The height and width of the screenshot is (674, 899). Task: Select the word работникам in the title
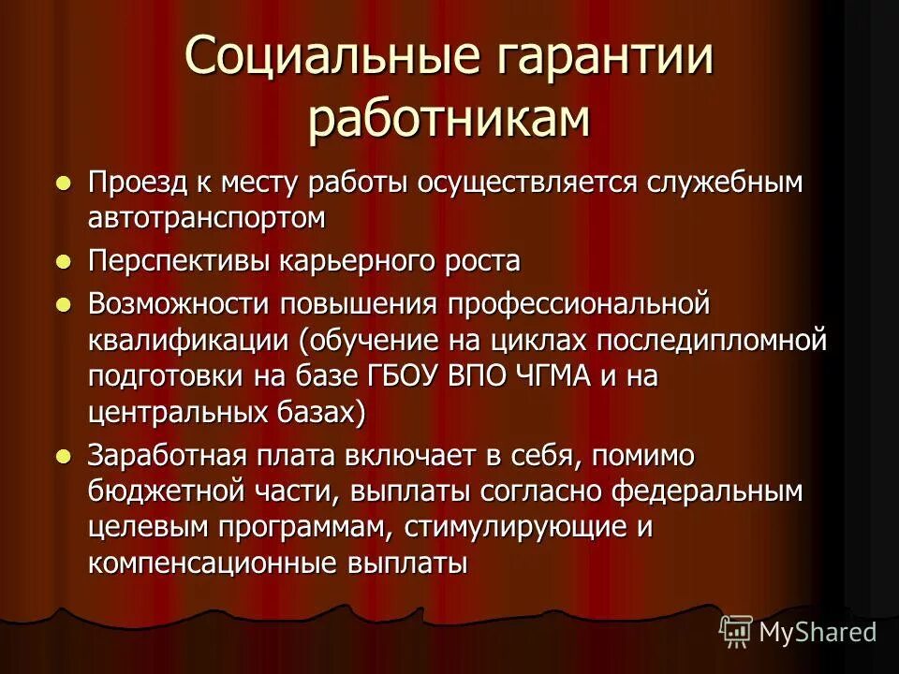click(x=449, y=121)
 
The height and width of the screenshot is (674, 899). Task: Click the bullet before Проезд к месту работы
click(x=63, y=183)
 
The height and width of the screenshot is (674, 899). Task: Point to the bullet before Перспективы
click(x=63, y=262)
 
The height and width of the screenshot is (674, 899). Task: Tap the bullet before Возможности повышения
click(x=63, y=304)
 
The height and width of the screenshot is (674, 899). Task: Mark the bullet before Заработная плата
click(x=63, y=457)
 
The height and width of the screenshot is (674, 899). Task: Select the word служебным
click(x=713, y=183)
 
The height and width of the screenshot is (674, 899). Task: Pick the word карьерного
click(x=347, y=262)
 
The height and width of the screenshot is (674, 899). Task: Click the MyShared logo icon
click(x=736, y=632)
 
